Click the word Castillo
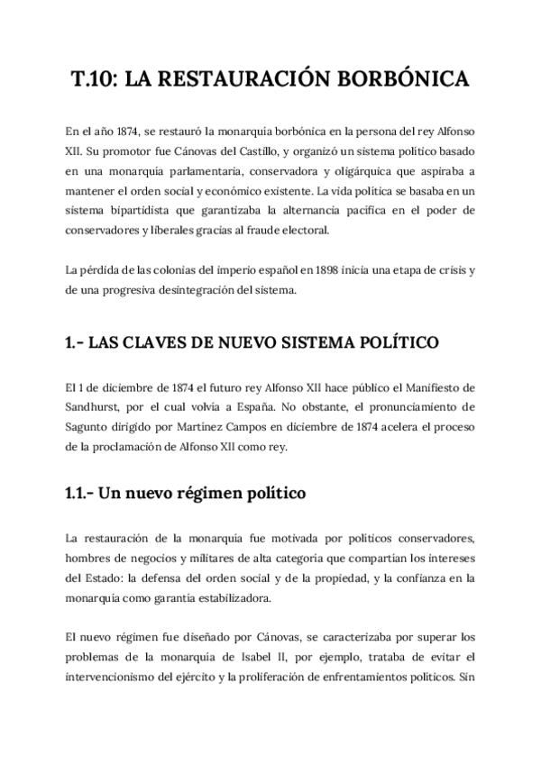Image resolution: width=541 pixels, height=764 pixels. (x=281, y=150)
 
